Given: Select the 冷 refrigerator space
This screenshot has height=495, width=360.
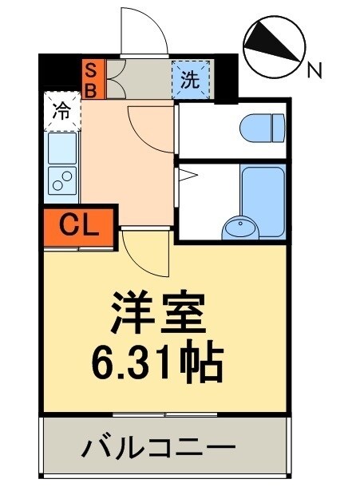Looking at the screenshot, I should [61, 113].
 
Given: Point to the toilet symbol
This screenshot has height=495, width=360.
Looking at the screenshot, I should [263, 126].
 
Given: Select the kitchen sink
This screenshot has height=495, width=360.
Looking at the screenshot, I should [62, 147].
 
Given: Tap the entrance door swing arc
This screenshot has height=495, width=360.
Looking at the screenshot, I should [144, 34].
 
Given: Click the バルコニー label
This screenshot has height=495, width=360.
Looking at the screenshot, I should [158, 448].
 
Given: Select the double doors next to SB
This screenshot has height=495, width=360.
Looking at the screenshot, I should [111, 78].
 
